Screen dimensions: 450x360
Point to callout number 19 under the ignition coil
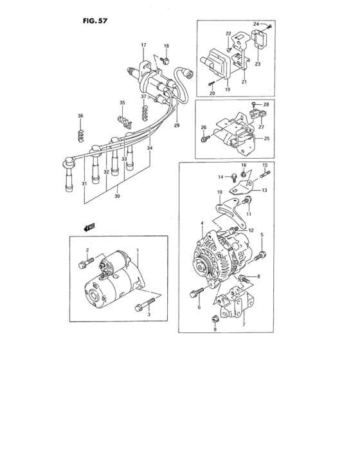tap(227, 91)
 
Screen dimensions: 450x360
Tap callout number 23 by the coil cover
tap(257, 64)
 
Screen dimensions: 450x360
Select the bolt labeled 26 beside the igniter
tap(204, 137)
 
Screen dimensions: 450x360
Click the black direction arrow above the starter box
tap(89, 226)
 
